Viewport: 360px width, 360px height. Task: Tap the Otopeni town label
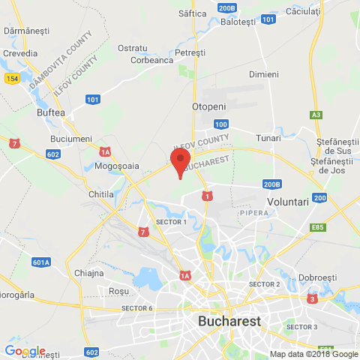tap(209, 106)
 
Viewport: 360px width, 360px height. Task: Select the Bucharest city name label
tap(229, 321)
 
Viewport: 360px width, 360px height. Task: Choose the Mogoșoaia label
tap(121, 166)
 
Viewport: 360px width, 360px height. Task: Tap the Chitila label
tap(101, 194)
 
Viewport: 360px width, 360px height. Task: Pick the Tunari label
tap(268, 138)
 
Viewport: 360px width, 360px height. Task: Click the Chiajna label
tap(89, 273)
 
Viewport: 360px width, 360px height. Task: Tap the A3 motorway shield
tap(316, 115)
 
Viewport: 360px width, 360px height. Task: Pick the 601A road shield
tap(41, 262)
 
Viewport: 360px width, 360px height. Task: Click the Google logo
tap(25, 351)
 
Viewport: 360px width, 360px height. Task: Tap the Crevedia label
tap(20, 53)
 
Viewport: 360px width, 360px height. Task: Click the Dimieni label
tap(263, 74)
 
